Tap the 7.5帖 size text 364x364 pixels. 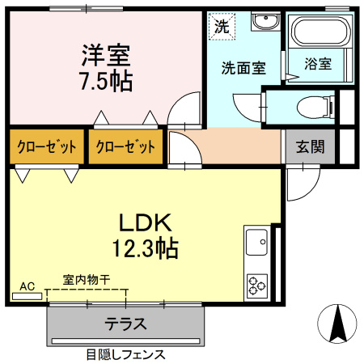click(x=105, y=80)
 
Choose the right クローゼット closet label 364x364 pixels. click(x=125, y=147)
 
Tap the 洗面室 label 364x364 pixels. click(x=243, y=68)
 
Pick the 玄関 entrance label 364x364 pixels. click(x=309, y=147)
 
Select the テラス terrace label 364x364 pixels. click(x=125, y=324)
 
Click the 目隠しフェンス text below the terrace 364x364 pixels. click(x=125, y=354)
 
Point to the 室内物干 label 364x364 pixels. click(x=87, y=280)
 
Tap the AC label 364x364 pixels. click(x=28, y=286)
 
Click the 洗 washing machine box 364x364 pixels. click(x=221, y=25)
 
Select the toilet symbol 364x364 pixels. click(x=312, y=107)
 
